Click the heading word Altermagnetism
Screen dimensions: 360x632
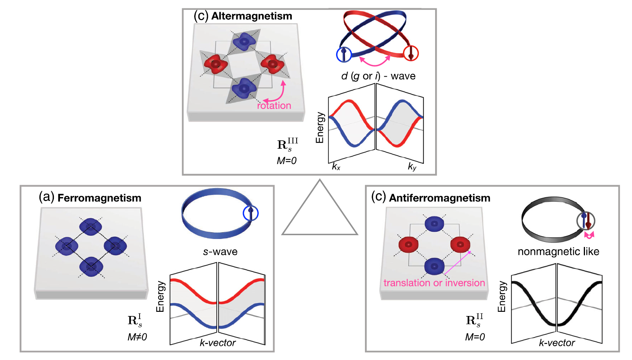(252, 16)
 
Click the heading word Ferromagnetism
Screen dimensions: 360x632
(99, 198)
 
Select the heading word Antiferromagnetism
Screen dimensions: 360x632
(440, 198)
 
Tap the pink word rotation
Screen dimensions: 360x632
(274, 106)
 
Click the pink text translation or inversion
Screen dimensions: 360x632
(434, 283)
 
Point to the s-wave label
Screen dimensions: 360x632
(220, 252)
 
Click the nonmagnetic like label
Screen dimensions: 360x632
(558, 252)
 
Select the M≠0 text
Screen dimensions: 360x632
(137, 337)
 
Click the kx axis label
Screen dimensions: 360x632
(336, 167)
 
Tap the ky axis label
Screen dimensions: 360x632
(412, 167)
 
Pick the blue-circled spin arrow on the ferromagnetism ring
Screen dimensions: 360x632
(250, 213)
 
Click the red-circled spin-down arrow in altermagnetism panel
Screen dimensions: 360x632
(410, 53)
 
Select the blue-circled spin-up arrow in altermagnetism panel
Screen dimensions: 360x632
(344, 54)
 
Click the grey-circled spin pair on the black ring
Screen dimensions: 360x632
(586, 221)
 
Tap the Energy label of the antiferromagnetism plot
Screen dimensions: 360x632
(502, 297)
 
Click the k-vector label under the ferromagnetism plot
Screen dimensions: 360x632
(218, 343)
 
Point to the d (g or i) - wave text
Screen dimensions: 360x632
(378, 76)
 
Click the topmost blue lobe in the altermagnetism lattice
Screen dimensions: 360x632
(243, 41)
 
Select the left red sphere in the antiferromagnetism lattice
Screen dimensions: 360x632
(408, 245)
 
